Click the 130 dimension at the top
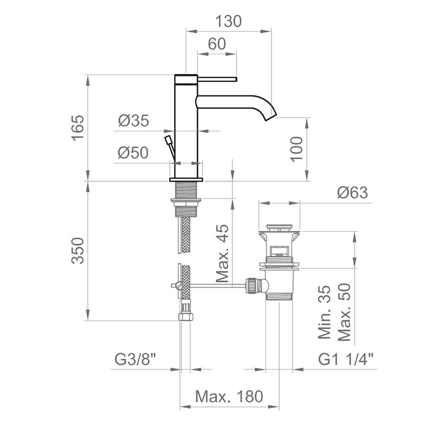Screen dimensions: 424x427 [229, 21]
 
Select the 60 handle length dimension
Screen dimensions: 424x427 [217, 44]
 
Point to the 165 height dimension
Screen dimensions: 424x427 [78, 128]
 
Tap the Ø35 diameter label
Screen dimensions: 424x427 [134, 120]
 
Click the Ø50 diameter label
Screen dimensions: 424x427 [133, 152]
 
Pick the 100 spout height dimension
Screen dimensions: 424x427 [296, 149]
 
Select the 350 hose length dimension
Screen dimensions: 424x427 [78, 251]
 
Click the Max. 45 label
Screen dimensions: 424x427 [222, 253]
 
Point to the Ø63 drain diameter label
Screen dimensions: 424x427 [352, 193]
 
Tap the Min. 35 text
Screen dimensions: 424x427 [325, 312]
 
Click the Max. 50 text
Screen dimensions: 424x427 [344, 312]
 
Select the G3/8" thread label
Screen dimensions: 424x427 [135, 360]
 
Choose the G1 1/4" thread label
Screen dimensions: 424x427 [346, 360]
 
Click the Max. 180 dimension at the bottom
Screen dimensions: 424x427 [229, 396]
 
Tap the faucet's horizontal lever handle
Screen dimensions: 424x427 [217, 79]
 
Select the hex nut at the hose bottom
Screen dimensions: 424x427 [186, 317]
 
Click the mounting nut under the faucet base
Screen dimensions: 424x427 [186, 202]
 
